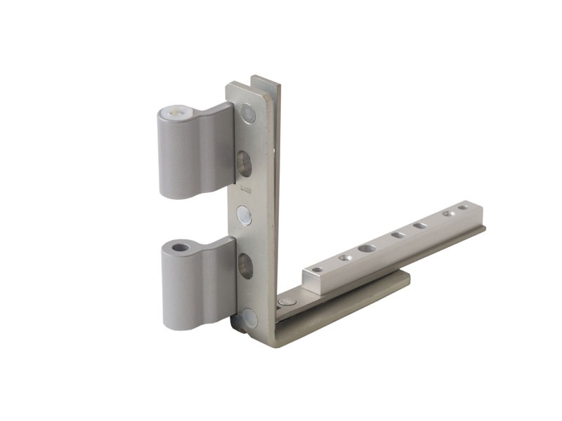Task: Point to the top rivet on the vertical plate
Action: tap(249, 112)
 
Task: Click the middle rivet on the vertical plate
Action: tap(245, 214)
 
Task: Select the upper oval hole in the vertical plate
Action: tap(244, 163)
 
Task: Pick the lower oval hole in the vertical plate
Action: tap(245, 265)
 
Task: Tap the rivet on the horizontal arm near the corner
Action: tap(286, 302)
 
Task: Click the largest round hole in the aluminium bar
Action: tap(366, 248)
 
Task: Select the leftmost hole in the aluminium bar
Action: tap(317, 269)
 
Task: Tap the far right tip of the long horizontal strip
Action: tap(483, 228)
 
